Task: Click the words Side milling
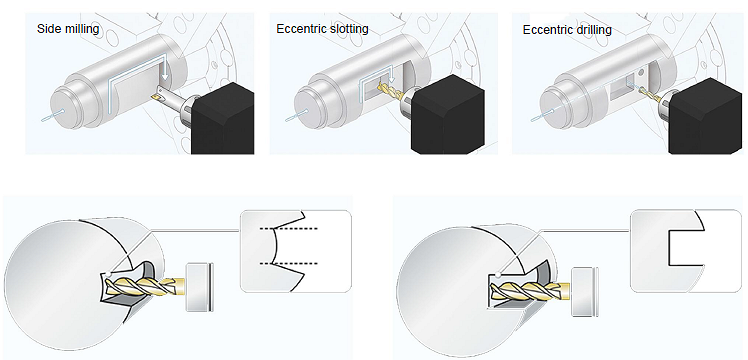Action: (x=68, y=29)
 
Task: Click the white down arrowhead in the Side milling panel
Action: (x=164, y=76)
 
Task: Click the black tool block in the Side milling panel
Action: (x=222, y=118)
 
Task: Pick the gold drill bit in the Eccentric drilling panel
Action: (x=648, y=93)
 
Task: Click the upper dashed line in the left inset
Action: (x=289, y=229)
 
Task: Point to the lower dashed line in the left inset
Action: (x=290, y=263)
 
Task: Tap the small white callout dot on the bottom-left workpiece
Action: (x=111, y=274)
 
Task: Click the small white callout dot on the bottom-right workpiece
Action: (x=498, y=275)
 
